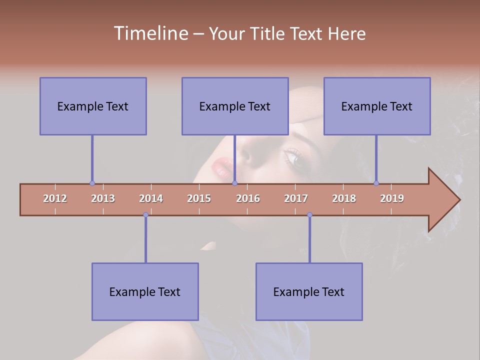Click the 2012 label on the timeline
pyautogui.click(x=55, y=198)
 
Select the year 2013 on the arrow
pyautogui.click(x=103, y=198)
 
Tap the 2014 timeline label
pyautogui.click(x=151, y=198)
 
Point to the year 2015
pyautogui.click(x=199, y=198)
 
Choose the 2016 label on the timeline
pyautogui.click(x=248, y=198)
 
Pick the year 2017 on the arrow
pyautogui.click(x=296, y=198)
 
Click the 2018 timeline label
pyautogui.click(x=344, y=198)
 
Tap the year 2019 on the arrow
pyautogui.click(x=392, y=198)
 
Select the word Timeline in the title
pyautogui.click(x=150, y=33)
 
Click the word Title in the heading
pyautogui.click(x=268, y=33)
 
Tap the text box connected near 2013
pyautogui.click(x=93, y=106)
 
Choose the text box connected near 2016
pyautogui.click(x=235, y=106)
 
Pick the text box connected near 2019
pyautogui.click(x=377, y=106)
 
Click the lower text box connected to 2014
pyautogui.click(x=145, y=291)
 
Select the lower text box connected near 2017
pyautogui.click(x=309, y=291)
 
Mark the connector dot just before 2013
pyautogui.click(x=92, y=183)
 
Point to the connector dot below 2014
pyautogui.click(x=145, y=215)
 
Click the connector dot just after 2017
pyautogui.click(x=309, y=215)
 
